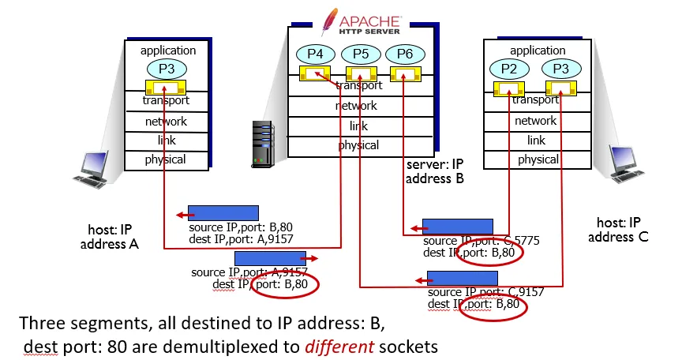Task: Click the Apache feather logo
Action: coord(335,17)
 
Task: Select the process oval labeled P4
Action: coord(316,54)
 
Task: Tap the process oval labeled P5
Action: coord(361,54)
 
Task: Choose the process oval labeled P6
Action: coord(405,54)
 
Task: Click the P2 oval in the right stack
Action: coord(510,69)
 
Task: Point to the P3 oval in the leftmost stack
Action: coord(167,68)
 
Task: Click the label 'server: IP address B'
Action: coord(434,172)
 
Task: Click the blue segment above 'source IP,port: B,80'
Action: coord(223,213)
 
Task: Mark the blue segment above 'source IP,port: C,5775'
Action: coord(457,227)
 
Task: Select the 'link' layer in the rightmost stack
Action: coord(536,140)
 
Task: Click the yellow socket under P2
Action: coord(510,88)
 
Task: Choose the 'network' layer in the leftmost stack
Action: coord(166,122)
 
